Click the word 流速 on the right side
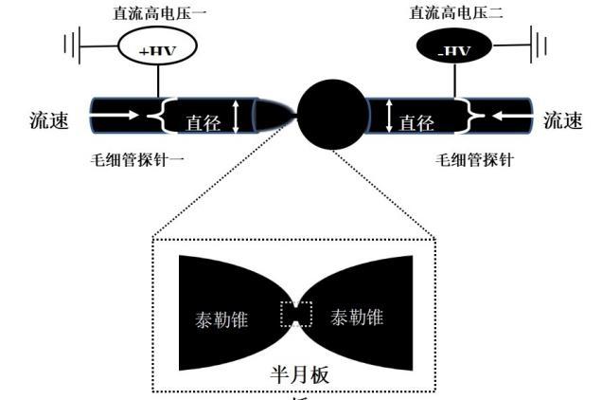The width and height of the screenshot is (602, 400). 565,120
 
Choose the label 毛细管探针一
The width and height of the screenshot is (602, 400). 137,158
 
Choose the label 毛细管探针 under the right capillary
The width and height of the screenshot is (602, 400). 473,158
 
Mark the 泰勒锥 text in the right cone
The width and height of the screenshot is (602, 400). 357,318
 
